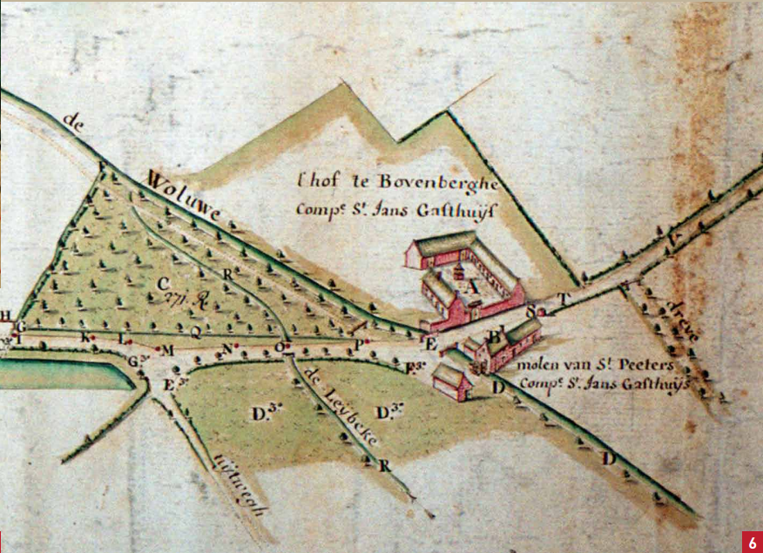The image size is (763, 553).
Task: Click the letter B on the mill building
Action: (491, 335)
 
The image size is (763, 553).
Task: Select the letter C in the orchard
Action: (162, 283)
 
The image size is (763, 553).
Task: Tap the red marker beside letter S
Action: (541, 310)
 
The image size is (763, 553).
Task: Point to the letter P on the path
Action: (357, 345)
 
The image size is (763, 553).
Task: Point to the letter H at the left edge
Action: (6, 315)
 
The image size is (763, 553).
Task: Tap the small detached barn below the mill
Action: (452, 381)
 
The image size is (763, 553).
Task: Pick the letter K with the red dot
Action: (85, 336)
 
